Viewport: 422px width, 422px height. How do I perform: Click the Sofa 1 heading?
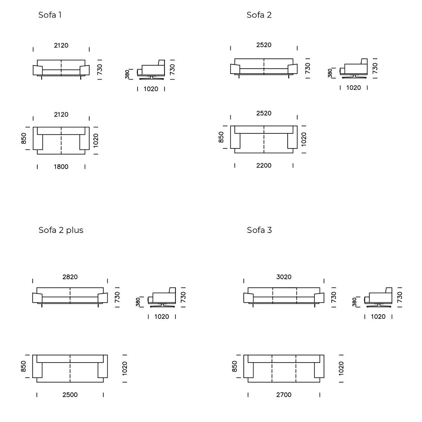click(x=50, y=15)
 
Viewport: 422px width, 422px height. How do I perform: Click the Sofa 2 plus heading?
click(x=61, y=230)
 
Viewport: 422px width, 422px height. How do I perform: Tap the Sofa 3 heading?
click(x=259, y=230)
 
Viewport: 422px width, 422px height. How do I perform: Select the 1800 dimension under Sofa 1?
click(x=61, y=167)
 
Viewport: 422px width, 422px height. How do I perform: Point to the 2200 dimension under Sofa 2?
click(x=264, y=165)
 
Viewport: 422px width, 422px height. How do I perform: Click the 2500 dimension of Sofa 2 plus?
click(x=70, y=395)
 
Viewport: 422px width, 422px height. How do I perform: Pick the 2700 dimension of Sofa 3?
click(x=284, y=395)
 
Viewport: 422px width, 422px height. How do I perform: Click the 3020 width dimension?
click(x=284, y=277)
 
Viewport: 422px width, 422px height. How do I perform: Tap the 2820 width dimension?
click(x=70, y=277)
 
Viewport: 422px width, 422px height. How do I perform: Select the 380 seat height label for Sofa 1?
click(x=127, y=74)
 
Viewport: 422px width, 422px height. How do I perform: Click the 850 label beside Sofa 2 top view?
click(x=221, y=137)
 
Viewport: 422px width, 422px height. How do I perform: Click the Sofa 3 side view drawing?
click(x=379, y=298)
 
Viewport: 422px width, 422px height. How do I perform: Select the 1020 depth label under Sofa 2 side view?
click(x=353, y=88)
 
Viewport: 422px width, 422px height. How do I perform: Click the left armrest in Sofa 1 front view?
click(x=37, y=70)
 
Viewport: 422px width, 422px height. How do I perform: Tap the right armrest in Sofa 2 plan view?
click(x=293, y=137)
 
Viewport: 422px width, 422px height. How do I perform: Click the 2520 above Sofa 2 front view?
click(x=264, y=45)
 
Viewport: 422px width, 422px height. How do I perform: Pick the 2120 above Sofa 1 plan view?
click(x=61, y=114)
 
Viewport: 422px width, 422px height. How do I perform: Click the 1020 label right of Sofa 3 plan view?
click(x=341, y=368)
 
